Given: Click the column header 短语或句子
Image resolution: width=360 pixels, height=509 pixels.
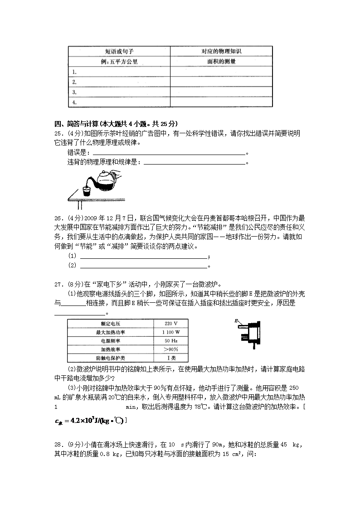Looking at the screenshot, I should pyautogui.click(x=119, y=51).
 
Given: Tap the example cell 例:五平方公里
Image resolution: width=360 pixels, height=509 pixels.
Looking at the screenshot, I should pyautogui.click(x=119, y=61).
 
